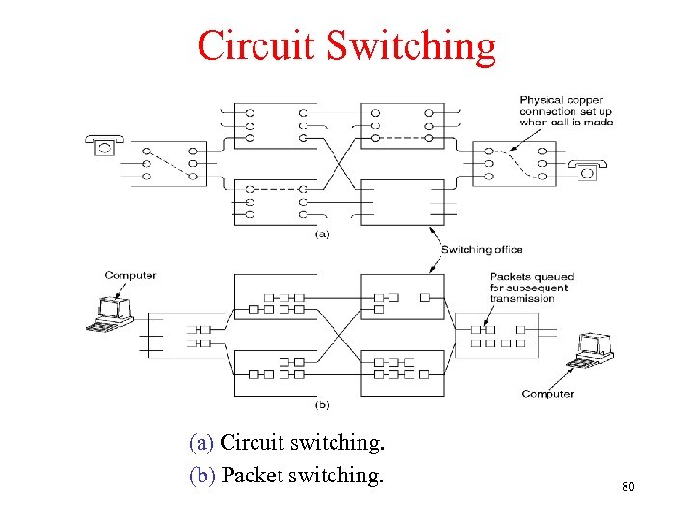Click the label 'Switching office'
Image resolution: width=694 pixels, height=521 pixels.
482,250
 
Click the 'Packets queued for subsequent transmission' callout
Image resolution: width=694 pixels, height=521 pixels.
528,288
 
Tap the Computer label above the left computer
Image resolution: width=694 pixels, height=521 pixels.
130,275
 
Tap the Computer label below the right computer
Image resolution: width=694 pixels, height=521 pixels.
547,393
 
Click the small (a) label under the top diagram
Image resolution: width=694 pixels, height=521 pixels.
322,233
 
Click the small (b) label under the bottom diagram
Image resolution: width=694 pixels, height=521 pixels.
322,404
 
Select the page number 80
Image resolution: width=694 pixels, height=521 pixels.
628,487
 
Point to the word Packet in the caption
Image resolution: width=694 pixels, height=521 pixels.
253,476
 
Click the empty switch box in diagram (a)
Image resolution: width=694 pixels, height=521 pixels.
403,202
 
